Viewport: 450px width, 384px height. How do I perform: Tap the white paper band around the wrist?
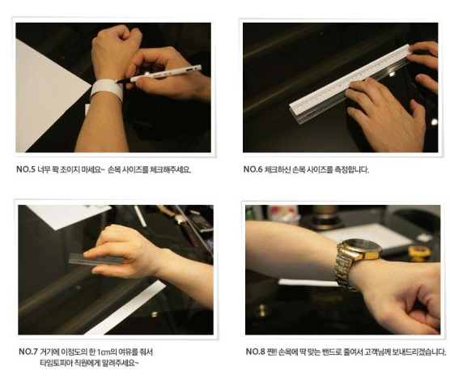pos(107,89)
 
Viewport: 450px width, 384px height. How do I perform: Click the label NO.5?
pos(26,169)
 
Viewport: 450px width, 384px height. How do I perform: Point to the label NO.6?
pos(253,169)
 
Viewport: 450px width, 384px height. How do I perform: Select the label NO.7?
pos(28,352)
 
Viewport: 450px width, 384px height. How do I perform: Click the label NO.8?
pos(255,352)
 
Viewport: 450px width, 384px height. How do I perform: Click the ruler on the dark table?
pos(350,83)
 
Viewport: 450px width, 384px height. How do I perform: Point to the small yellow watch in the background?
pos(419,253)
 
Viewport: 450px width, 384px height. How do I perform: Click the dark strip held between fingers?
pos(96,259)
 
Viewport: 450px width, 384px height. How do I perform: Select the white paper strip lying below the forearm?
pos(126,308)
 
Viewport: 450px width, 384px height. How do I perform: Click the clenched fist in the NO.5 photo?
pos(117,47)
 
